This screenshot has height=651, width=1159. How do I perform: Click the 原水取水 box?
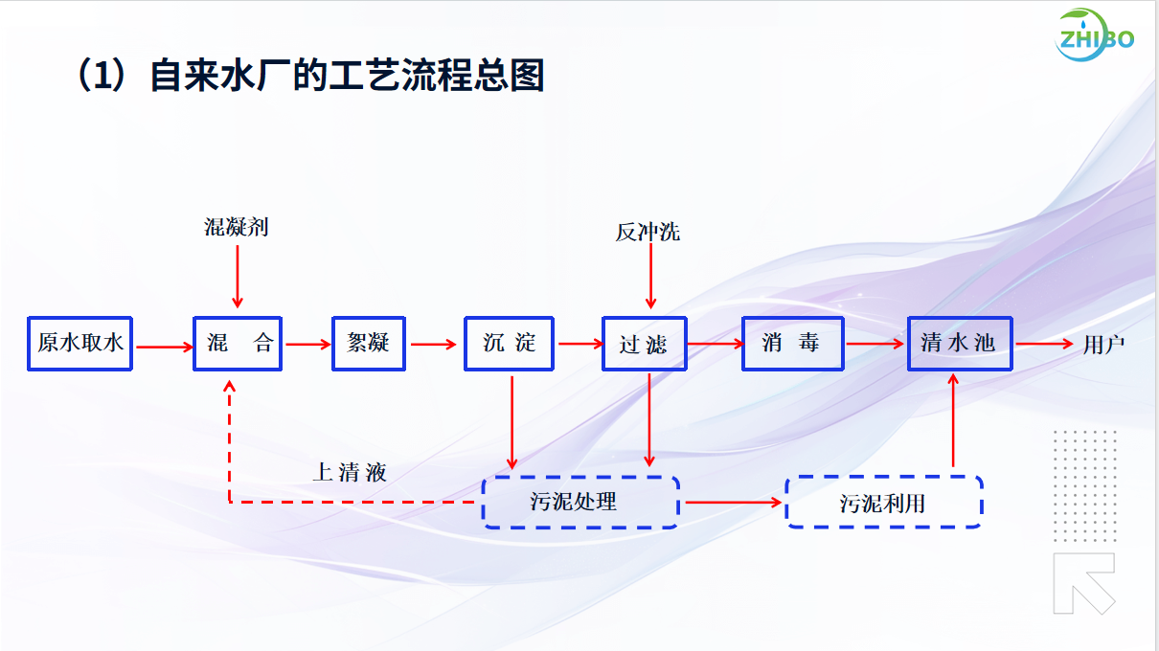coord(80,343)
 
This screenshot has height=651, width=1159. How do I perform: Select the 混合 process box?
coord(238,343)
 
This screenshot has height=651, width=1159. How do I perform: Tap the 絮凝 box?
coord(369,343)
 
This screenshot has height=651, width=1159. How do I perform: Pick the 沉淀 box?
coord(510,343)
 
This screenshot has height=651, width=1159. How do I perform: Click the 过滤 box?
coord(644,344)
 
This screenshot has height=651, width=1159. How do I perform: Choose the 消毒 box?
coord(792,343)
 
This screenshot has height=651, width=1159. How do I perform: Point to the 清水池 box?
coord(959,343)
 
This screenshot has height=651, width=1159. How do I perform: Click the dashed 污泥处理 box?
coord(579,502)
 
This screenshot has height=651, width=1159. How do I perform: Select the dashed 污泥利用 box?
coord(883,502)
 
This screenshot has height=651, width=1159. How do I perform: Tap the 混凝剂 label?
coord(237,227)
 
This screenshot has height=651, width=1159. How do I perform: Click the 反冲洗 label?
coord(648,232)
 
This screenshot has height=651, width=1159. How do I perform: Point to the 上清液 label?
coord(350,472)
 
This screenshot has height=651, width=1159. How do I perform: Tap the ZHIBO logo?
coord(1096,37)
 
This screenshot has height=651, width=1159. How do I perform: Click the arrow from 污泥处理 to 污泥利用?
coord(733,502)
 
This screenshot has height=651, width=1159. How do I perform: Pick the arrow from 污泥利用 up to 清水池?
coord(953,421)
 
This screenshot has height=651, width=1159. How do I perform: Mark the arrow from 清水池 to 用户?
coord(1044,344)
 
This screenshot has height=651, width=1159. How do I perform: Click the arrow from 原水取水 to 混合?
coord(164,347)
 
